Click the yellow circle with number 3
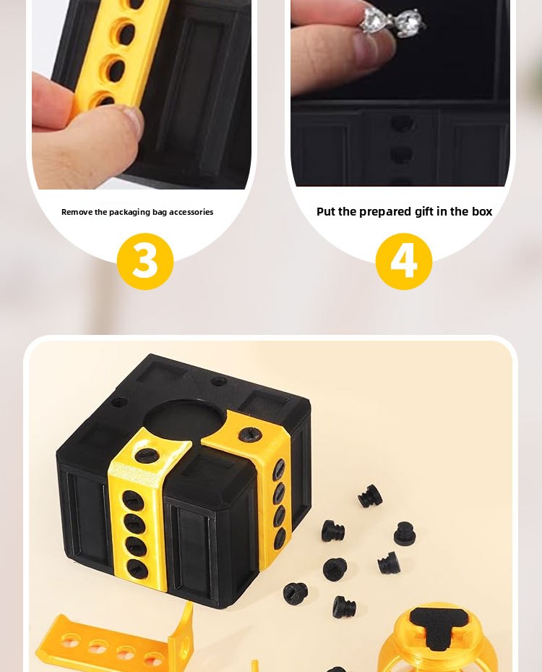145,261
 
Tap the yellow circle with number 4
404,261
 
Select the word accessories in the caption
191,212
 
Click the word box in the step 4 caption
482,211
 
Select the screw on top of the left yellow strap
147,455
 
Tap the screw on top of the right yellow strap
250,435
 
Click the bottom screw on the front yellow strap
137,569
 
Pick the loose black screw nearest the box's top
370,496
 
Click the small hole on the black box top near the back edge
219,380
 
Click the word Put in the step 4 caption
326,211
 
